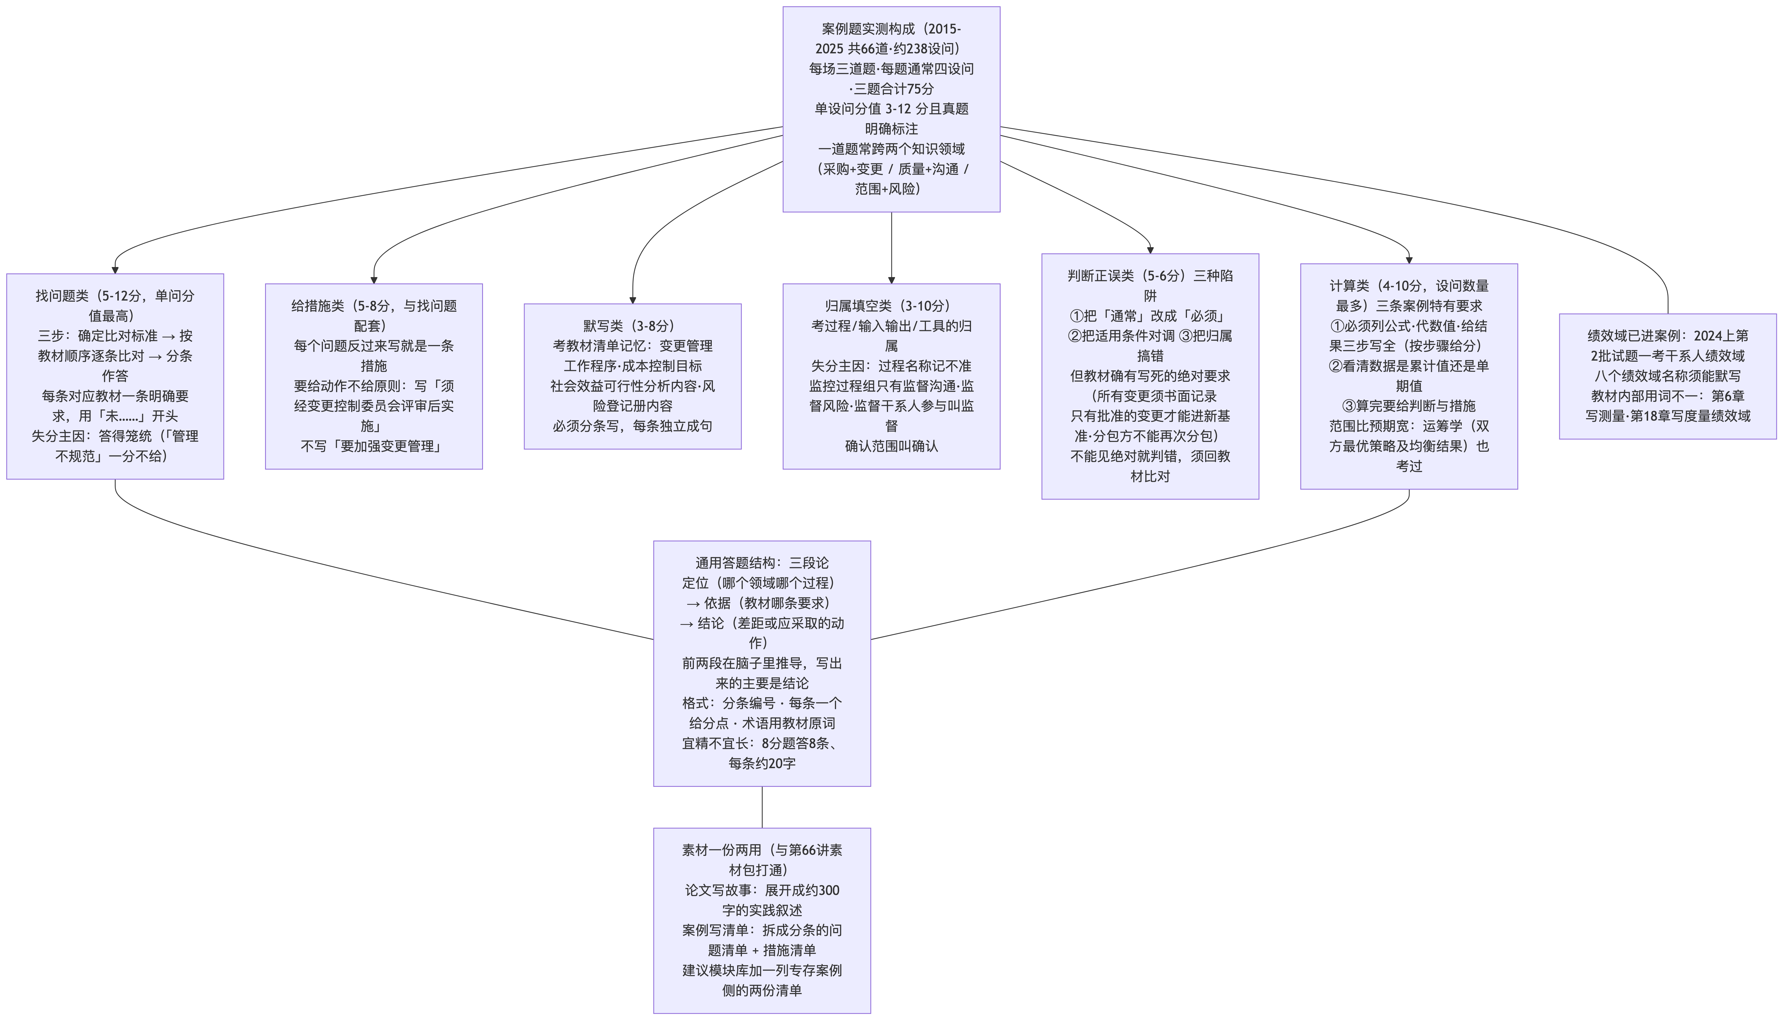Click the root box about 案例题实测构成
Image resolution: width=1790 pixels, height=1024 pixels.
tap(891, 109)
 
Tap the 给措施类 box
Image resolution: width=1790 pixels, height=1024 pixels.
tap(373, 376)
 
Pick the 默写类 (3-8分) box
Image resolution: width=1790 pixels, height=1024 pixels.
tap(632, 376)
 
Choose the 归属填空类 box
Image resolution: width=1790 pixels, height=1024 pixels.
tap(891, 376)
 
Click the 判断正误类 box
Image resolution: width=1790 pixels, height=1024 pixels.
tap(1150, 376)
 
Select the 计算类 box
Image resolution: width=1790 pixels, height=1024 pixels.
tap(1409, 376)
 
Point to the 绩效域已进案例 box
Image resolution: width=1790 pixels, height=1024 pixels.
tap(1668, 376)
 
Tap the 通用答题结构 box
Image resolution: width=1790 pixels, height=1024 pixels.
tap(762, 663)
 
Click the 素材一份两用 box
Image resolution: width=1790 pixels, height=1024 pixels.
tap(762, 921)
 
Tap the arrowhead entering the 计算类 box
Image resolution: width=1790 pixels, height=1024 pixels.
tap(1409, 259)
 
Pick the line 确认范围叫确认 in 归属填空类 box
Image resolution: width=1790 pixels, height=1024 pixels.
tap(891, 446)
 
